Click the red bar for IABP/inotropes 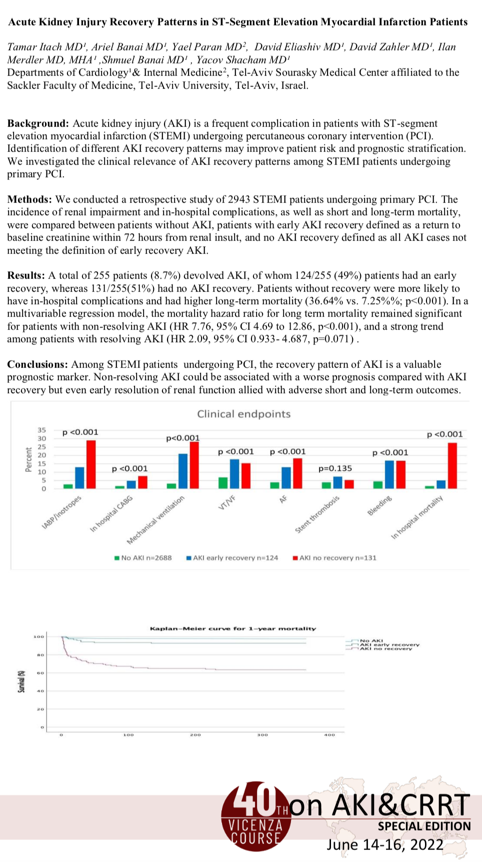[x=91, y=464]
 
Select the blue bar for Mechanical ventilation [x=183, y=471]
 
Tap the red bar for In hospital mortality [x=452, y=465]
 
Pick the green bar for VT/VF [x=223, y=483]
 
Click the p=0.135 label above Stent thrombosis [x=335, y=468]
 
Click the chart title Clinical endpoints [x=243, y=414]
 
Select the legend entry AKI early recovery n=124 [x=232, y=558]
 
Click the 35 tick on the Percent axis [x=41, y=430]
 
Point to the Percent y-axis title [x=28, y=459]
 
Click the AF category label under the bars [x=282, y=498]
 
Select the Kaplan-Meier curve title [x=233, y=628]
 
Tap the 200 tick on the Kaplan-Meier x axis [x=195, y=735]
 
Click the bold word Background [x=37, y=123]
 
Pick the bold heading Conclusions [x=37, y=364]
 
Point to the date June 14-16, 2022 [x=385, y=844]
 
